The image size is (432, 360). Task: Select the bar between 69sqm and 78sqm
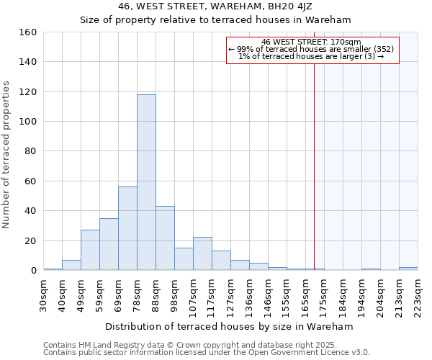127,228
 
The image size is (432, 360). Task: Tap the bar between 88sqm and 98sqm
165,238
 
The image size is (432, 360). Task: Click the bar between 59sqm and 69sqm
109,244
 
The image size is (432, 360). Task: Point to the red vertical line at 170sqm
314,180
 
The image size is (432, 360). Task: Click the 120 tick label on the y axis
28,92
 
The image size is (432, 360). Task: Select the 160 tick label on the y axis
28,32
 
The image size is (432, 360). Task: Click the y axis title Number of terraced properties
7,155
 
